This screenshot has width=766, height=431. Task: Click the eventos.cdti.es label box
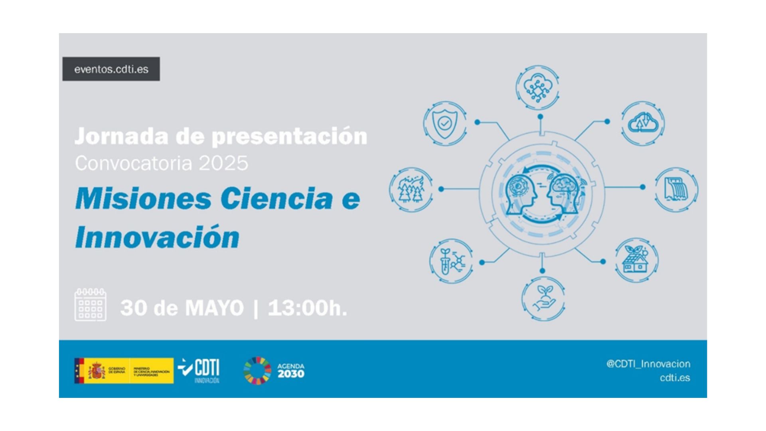tap(111, 69)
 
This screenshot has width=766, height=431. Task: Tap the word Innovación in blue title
tap(157, 237)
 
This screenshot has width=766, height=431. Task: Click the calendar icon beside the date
tap(90, 305)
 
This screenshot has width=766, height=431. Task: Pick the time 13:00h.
tap(307, 308)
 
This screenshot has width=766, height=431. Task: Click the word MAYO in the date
tap(214, 308)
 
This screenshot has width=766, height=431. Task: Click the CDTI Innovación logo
tap(199, 370)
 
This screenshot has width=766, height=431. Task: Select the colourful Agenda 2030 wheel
tap(257, 371)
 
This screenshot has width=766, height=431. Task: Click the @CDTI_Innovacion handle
tap(648, 364)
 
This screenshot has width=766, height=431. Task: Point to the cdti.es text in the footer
tap(675, 378)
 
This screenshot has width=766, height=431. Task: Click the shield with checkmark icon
tap(444, 123)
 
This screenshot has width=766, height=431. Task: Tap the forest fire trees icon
tap(411, 189)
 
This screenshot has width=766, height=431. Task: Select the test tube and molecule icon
tap(451, 261)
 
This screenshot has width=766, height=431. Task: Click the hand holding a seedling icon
tap(543, 299)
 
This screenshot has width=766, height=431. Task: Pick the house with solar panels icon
tap(636, 260)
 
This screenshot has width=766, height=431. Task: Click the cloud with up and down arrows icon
tap(642, 123)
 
